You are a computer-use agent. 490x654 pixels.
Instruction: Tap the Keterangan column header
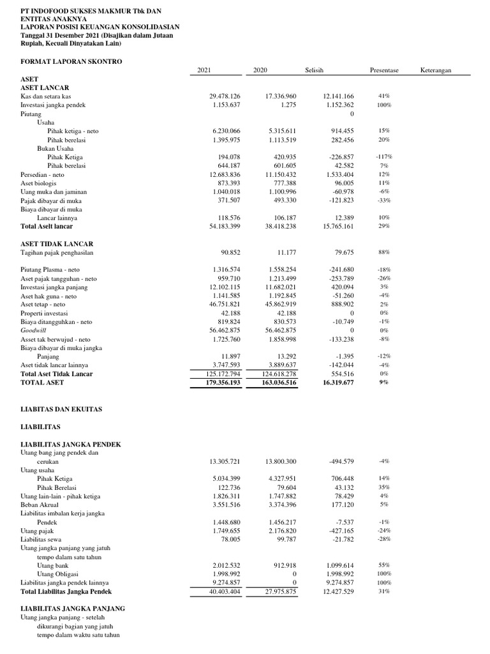pos(436,70)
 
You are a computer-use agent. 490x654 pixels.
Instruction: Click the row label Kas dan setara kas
pos(45,96)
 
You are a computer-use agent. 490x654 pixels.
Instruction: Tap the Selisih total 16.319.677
pos(334,382)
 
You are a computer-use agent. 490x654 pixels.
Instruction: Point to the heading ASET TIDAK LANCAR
pos(57,244)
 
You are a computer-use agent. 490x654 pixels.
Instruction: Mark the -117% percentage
pos(383,156)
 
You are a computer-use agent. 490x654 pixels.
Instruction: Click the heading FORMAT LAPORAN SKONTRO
pos(71,61)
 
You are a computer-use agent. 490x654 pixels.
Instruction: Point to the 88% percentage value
pos(383,252)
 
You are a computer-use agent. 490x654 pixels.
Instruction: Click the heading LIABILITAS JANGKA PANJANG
pos(73,609)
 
